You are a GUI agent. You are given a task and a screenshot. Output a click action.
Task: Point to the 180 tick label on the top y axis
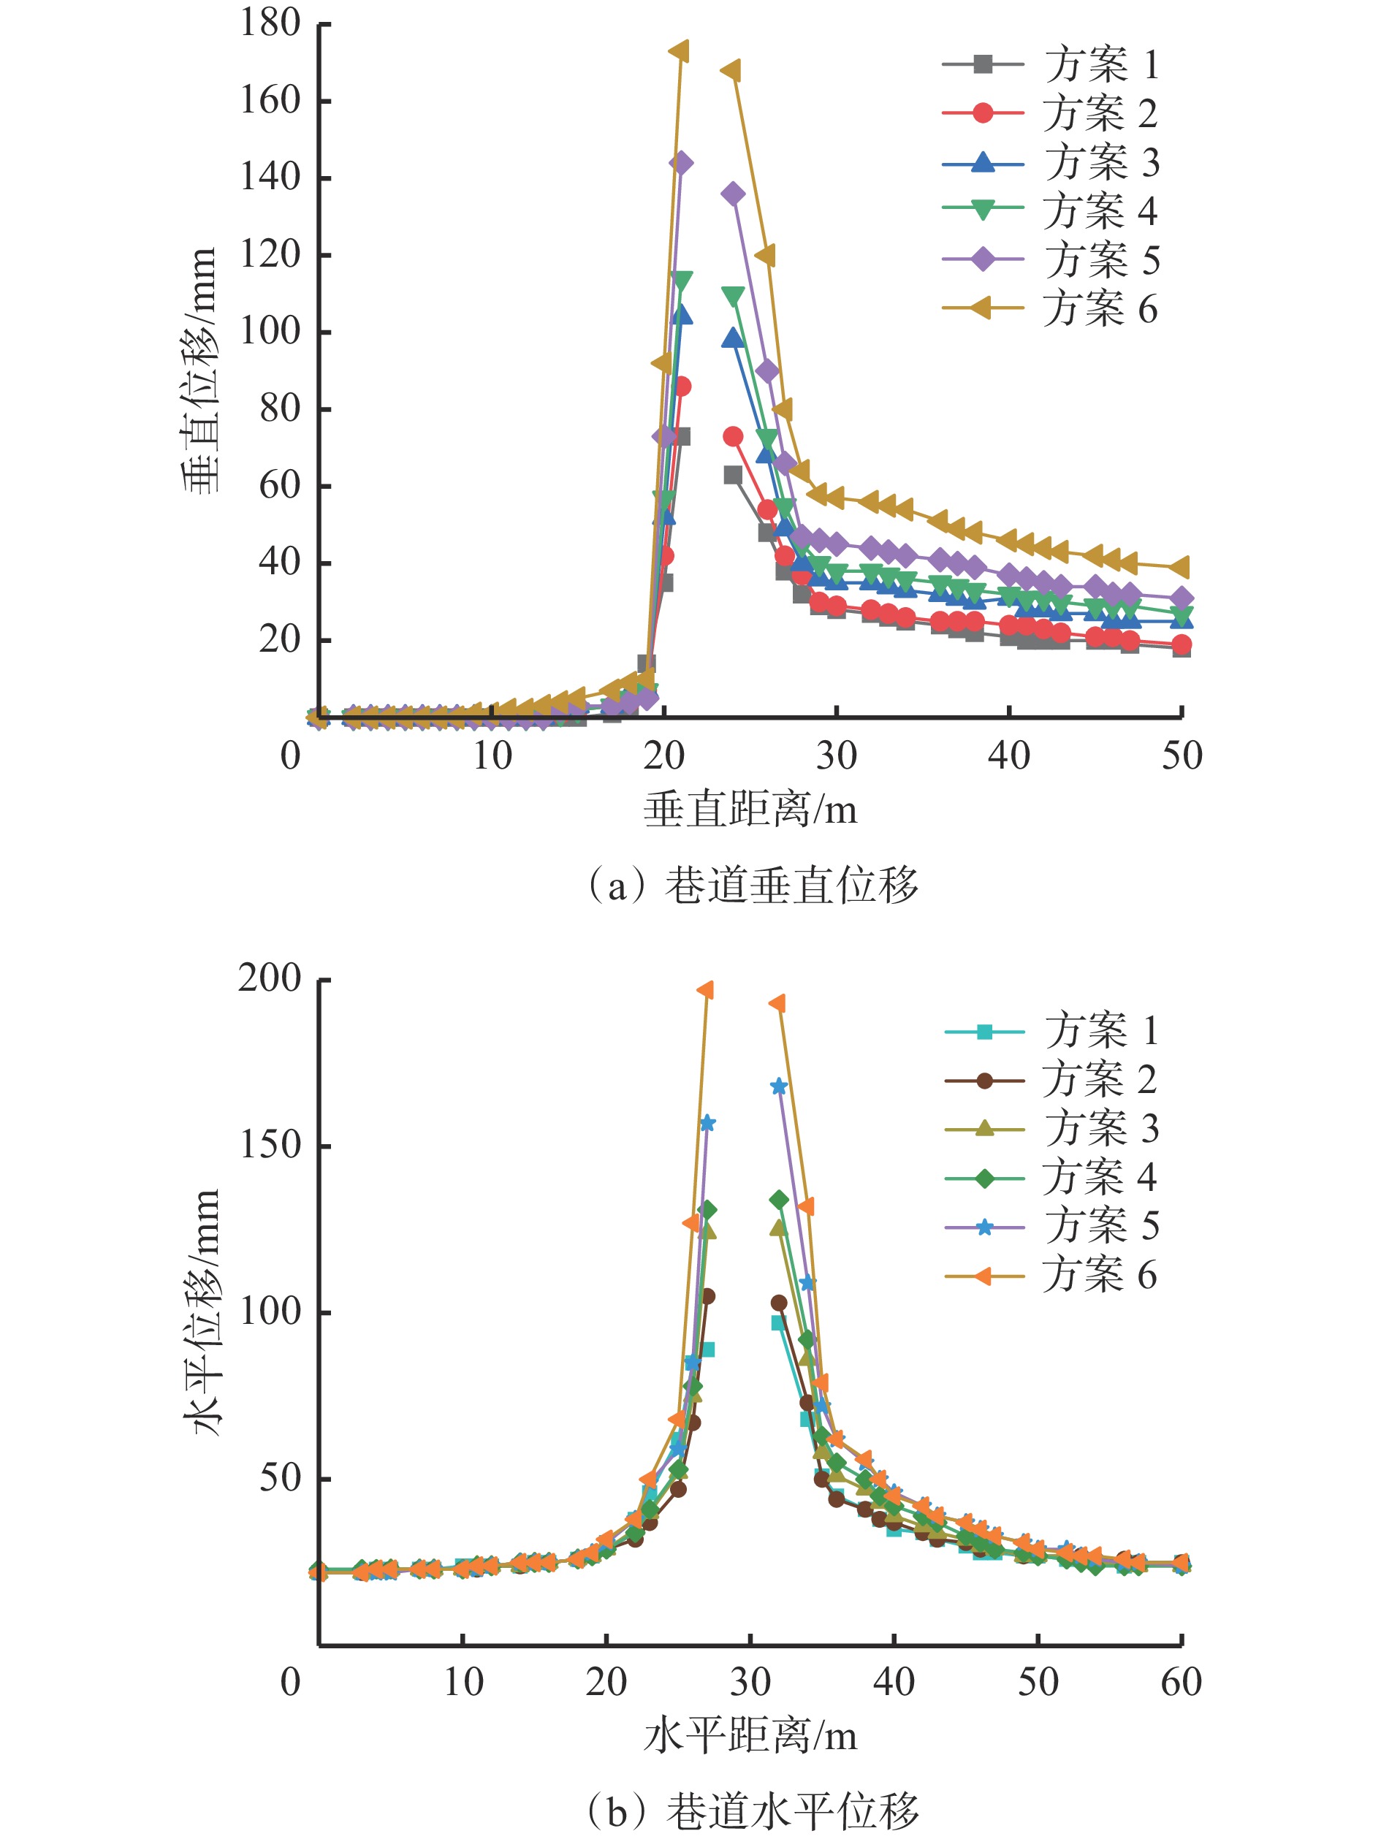coord(270,23)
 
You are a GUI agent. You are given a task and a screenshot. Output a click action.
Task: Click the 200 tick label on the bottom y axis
coord(270,978)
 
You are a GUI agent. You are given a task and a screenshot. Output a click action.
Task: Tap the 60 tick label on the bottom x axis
coord(1181,1682)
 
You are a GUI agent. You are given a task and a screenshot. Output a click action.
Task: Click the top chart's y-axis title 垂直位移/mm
coord(200,369)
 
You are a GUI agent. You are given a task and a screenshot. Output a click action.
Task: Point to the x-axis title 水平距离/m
coord(750,1736)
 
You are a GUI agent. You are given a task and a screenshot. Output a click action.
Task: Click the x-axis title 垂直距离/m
coord(750,809)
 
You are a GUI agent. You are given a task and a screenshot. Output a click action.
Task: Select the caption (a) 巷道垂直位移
coord(753,886)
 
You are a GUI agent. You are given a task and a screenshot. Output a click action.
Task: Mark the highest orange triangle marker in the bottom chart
coord(706,990)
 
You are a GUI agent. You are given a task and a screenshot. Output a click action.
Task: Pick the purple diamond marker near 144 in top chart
coord(681,162)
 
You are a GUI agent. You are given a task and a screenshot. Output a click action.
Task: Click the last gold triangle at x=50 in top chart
coord(1180,567)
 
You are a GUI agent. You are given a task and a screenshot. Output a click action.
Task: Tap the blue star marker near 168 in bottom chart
coord(779,1086)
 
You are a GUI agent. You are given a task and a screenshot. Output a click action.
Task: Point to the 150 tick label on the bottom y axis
coord(270,1146)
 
